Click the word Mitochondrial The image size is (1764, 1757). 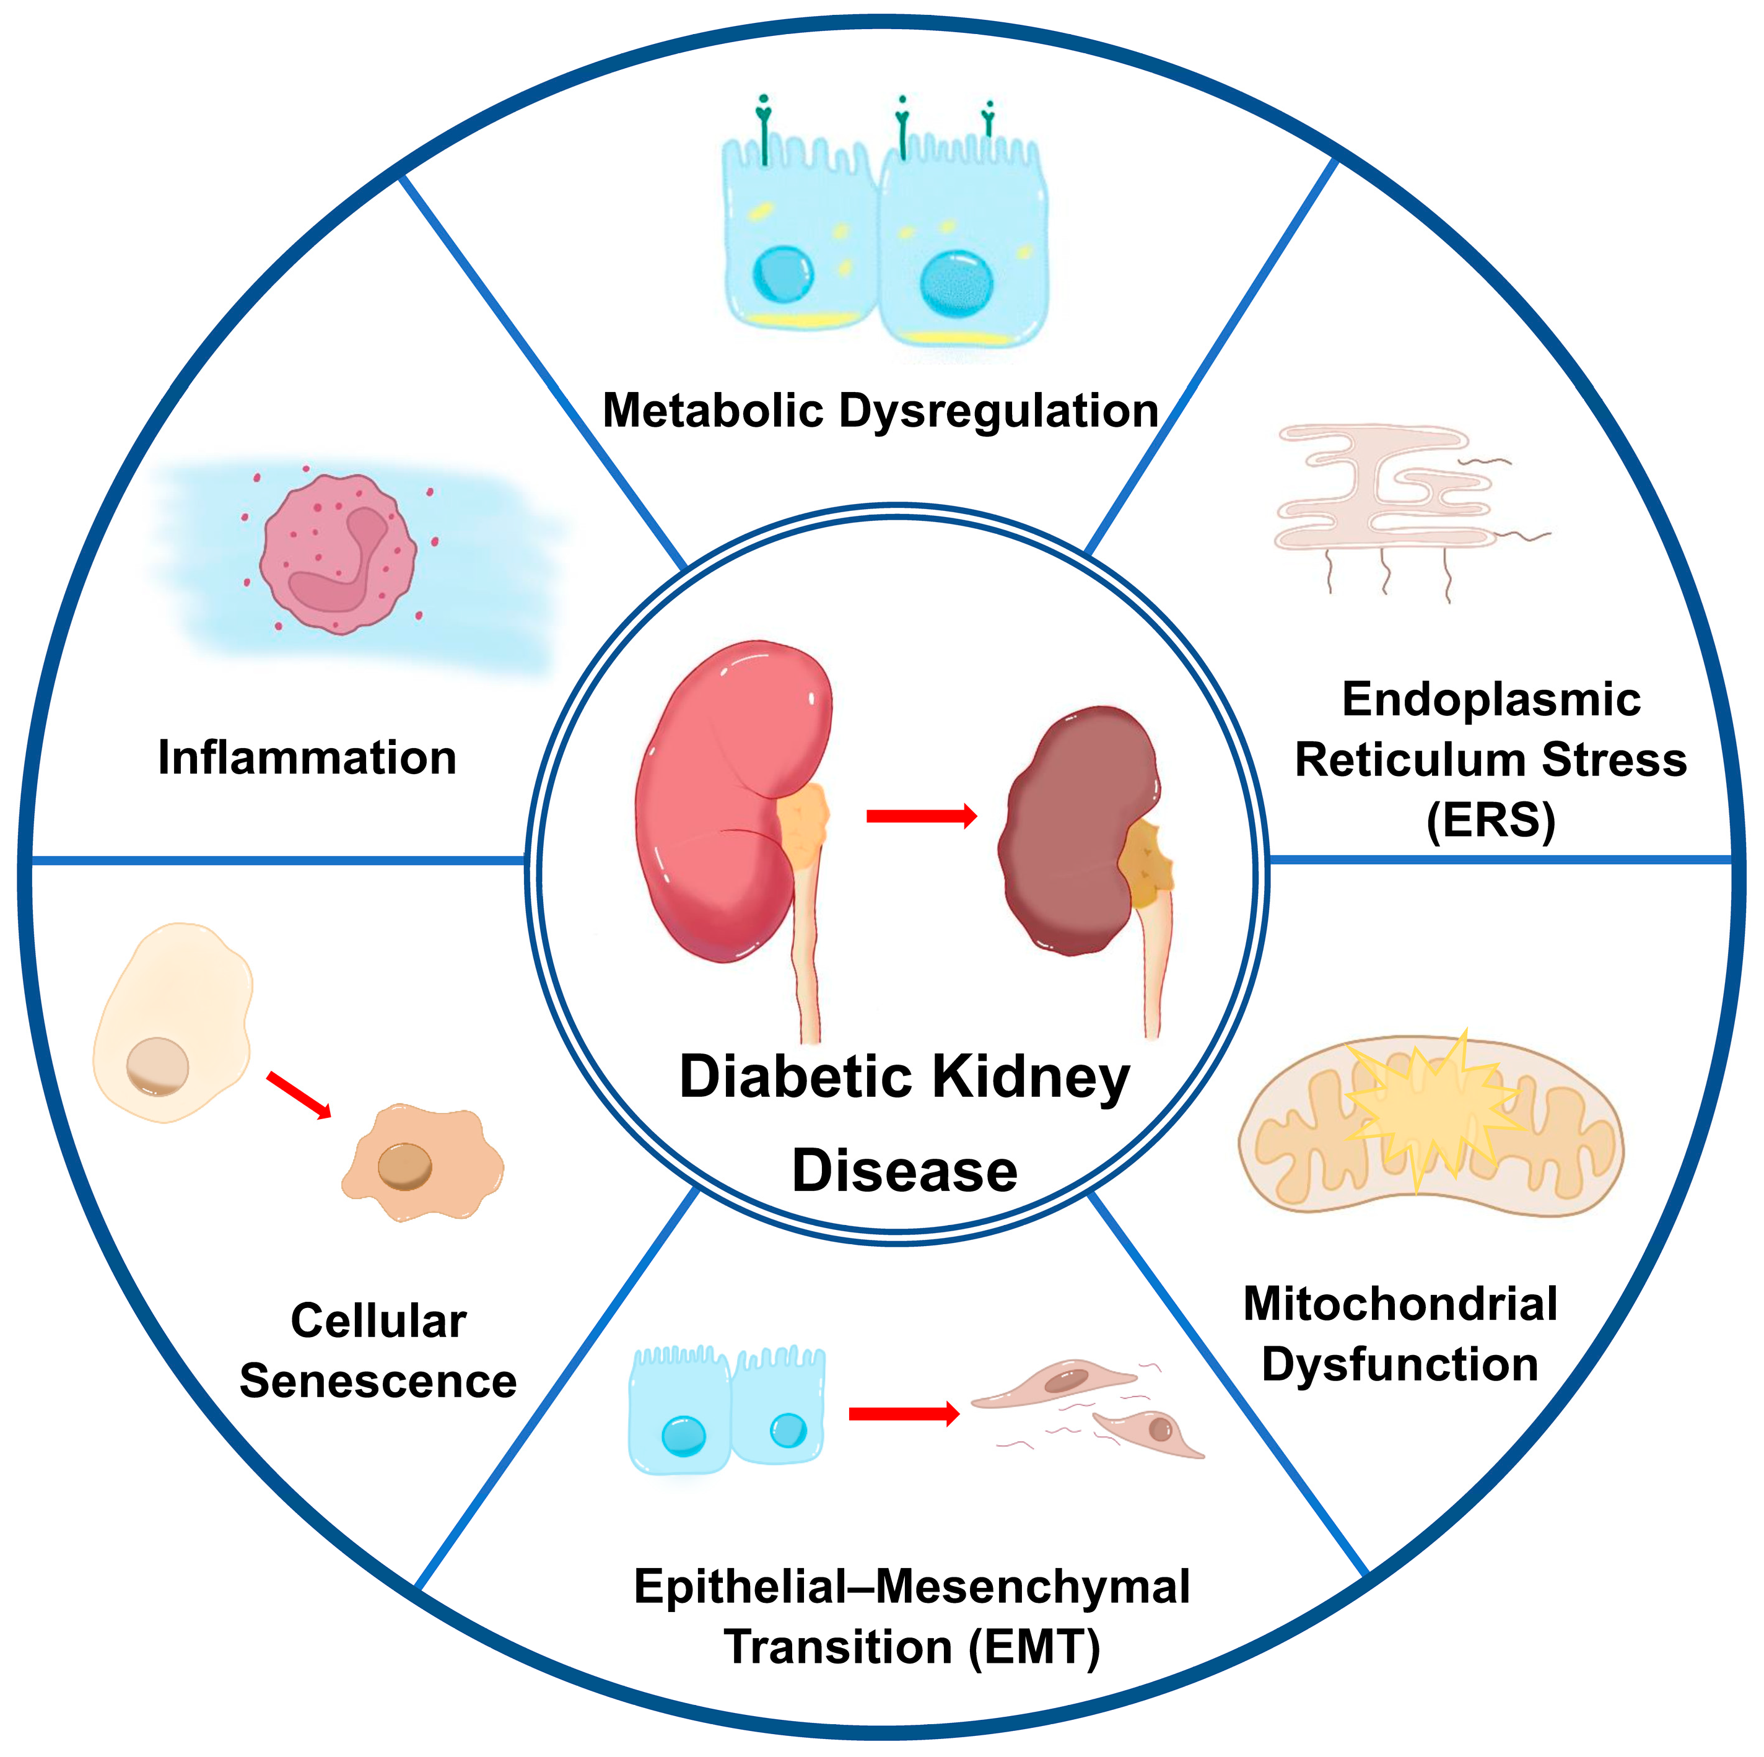1400,1304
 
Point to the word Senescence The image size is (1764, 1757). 378,1381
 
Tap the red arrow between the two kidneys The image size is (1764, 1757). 920,816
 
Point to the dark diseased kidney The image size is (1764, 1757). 1077,831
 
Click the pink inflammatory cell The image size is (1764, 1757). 338,554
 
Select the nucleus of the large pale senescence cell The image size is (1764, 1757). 157,1066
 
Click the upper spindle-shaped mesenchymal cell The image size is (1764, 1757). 1055,1385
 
